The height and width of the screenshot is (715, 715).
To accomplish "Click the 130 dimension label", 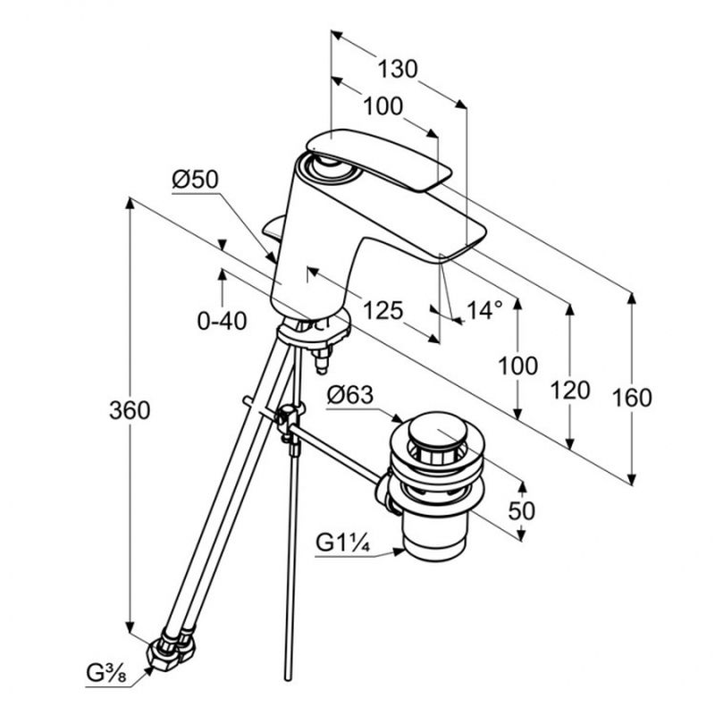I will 398,69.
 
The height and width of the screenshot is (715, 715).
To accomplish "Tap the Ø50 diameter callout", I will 195,179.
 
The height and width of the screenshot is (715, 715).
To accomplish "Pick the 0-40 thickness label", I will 222,321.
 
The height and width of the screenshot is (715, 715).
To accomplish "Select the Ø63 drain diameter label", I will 349,394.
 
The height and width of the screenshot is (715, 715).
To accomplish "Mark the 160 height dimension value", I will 632,398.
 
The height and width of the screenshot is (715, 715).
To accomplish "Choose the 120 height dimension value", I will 570,390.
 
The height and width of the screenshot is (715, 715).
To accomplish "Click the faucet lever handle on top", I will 375,157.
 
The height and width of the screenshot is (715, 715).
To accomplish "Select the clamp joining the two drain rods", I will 288,420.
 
